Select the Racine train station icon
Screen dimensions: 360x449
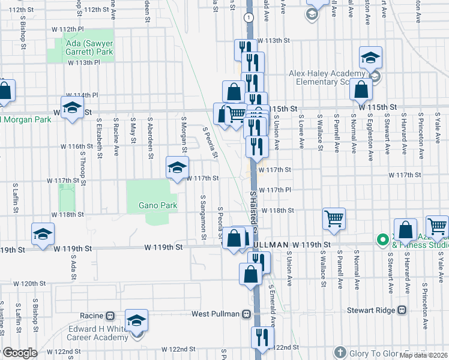click(x=110, y=316)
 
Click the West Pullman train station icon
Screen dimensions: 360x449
click(x=247, y=314)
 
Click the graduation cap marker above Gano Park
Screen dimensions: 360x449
click(x=178, y=167)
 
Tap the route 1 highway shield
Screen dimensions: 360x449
click(x=247, y=18)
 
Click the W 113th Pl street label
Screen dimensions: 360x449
click(x=79, y=62)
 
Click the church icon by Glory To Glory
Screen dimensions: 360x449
click(x=340, y=352)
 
